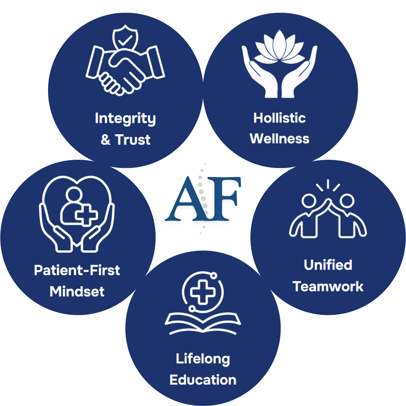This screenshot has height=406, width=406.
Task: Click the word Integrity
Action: point(125,119)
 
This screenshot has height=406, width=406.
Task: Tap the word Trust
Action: point(133,140)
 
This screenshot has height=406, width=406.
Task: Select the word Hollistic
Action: point(279,118)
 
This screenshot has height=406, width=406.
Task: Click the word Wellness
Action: point(279,139)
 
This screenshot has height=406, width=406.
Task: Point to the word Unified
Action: point(328,265)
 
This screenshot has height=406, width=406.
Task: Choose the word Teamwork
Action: point(328,286)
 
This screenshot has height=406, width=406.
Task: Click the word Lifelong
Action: point(203,359)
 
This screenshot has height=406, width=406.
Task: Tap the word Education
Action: point(203,380)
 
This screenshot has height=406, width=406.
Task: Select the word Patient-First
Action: point(77,270)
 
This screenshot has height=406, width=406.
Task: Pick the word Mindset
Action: point(77,292)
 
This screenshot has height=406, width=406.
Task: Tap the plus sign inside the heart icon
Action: point(86,215)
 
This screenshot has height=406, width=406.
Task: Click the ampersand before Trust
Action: point(106,140)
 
